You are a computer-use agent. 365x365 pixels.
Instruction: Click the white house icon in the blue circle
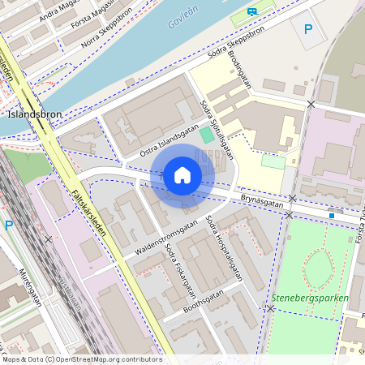[182, 175]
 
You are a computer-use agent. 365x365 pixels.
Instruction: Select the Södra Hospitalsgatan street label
[224, 247]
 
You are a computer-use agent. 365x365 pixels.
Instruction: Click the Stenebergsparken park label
[311, 298]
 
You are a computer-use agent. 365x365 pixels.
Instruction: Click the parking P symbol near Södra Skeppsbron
[307, 29]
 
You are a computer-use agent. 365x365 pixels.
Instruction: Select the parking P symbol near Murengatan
[9, 225]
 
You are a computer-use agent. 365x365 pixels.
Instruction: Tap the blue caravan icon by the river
[253, 12]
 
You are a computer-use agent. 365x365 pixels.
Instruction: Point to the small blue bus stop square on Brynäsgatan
[331, 215]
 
